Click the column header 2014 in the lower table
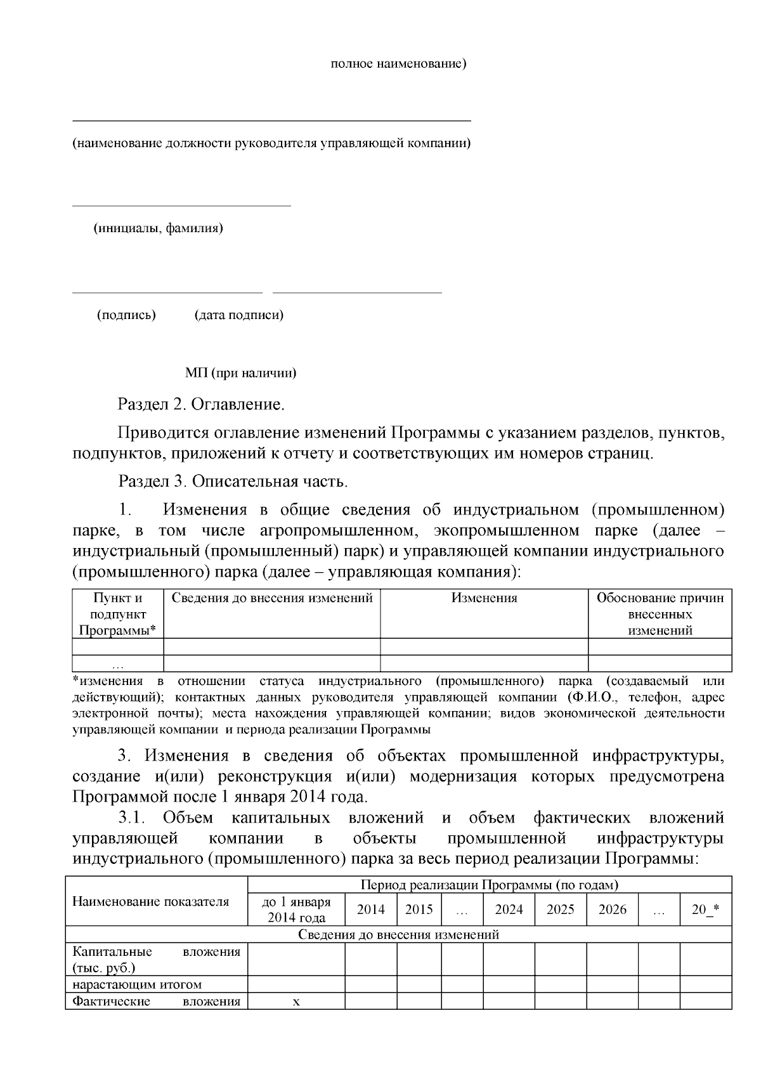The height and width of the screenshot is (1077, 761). coord(371,910)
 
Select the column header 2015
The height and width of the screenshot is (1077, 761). coord(419,910)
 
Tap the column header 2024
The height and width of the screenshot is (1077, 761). coord(509,910)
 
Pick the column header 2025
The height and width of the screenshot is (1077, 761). coord(561,910)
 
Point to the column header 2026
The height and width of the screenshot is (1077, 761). coord(612,910)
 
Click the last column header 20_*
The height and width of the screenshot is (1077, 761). coord(705,910)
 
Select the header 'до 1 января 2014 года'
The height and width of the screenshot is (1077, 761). coord(296,910)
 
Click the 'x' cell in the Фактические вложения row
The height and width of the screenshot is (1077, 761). coord(296,1002)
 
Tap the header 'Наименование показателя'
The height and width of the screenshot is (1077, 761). coord(150,901)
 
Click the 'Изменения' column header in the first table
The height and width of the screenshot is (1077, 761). coord(484,598)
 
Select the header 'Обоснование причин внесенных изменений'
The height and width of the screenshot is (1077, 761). coord(660,614)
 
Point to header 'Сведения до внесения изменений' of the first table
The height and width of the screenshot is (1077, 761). coord(272,598)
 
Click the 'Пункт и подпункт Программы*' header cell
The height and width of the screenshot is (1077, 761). coord(118,614)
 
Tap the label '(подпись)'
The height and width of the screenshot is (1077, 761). coord(126,315)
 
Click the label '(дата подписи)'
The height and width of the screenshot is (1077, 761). coord(238,315)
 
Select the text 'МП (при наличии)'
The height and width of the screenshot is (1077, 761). coord(240,373)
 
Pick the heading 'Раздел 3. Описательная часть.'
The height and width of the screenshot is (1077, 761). coord(233,481)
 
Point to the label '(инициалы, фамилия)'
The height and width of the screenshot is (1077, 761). coord(159,228)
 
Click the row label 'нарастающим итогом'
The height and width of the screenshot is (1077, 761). coord(137,984)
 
